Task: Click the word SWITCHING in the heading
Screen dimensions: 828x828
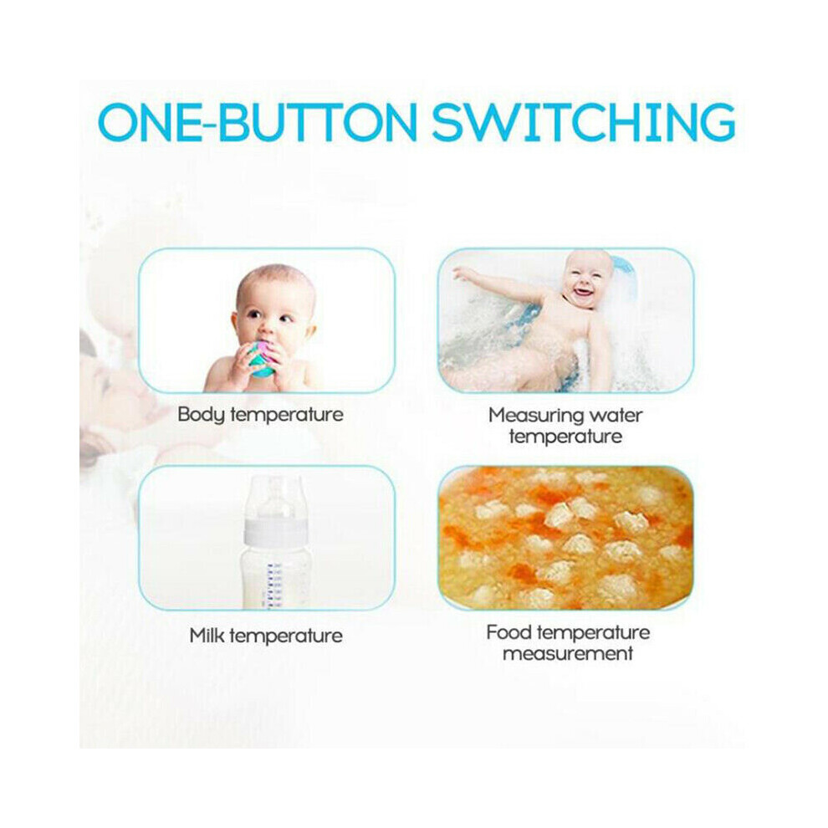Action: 584,122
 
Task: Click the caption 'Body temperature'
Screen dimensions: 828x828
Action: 260,415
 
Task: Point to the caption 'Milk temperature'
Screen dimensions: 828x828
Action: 266,636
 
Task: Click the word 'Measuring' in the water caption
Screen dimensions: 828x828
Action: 536,417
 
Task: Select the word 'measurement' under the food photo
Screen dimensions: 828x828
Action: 568,654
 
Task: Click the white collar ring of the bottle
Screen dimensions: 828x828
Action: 275,532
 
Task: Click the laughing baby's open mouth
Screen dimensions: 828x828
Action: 582,291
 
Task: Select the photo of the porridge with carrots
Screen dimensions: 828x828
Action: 566,538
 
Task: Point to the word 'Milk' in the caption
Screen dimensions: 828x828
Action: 207,635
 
